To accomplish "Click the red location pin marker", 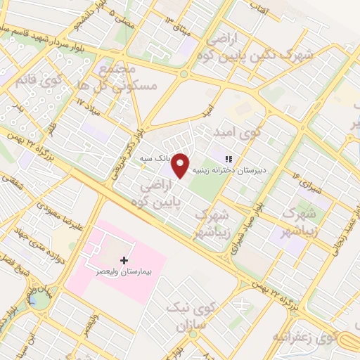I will (181, 165).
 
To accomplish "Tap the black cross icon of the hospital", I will (124, 260).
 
